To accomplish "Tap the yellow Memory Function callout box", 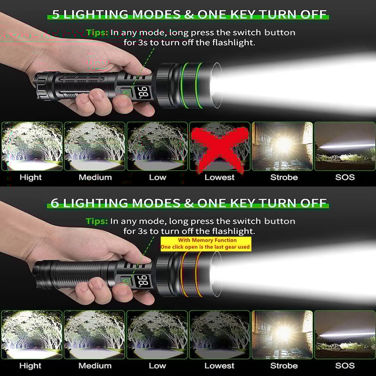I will click(x=205, y=243).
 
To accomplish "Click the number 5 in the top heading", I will click(x=56, y=15).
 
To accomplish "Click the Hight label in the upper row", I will click(x=31, y=177).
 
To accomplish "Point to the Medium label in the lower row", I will click(x=95, y=365).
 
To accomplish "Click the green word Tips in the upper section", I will click(x=97, y=32).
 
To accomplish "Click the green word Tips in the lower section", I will click(x=97, y=221).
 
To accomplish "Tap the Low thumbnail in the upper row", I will click(x=157, y=146).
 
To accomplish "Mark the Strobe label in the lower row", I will click(x=284, y=365).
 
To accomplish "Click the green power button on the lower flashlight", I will click(x=126, y=282).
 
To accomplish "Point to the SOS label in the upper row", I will click(x=345, y=177).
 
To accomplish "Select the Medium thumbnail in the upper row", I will click(x=95, y=146).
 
